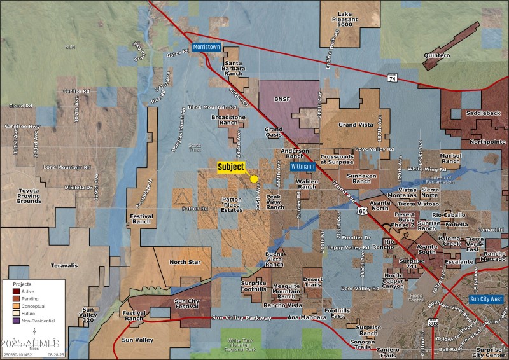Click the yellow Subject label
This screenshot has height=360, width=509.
pos(231,167)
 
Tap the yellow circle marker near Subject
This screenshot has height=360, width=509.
pos(254,179)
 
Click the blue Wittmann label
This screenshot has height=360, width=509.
pos(303,167)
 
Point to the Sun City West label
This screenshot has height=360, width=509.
pos(486,298)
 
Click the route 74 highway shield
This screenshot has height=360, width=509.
pos(391,76)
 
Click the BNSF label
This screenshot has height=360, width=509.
pos(281,99)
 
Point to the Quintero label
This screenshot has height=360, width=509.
pos(436,55)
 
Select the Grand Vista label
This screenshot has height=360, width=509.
pos(356,125)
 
